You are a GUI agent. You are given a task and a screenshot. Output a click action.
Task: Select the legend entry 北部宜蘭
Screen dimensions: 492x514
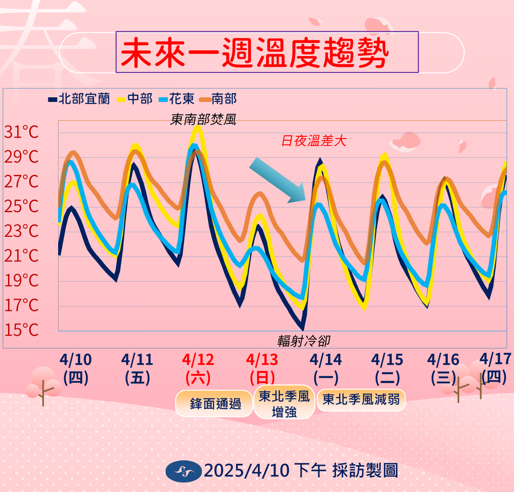pos(79,99)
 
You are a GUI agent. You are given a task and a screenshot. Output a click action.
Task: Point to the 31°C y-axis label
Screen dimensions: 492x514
pos(21,133)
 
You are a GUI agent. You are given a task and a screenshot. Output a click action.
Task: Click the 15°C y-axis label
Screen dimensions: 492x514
pos(21,330)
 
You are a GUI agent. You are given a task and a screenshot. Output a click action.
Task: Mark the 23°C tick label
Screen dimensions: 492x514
pos(21,231)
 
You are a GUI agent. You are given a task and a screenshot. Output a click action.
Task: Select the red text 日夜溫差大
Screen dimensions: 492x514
pos(314,140)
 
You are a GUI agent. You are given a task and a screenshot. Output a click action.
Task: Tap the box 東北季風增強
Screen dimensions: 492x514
pos(284,403)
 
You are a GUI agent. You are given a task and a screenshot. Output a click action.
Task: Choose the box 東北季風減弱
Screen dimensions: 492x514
pos(361,400)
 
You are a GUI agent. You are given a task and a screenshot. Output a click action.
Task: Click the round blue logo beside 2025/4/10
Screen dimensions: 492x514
pos(183,470)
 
